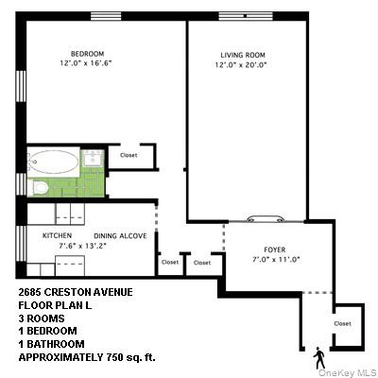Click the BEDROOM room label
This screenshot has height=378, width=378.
[86, 53]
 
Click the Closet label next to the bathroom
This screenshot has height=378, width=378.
[129, 154]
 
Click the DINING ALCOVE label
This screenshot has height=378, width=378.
[119, 235]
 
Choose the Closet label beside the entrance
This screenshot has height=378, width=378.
[341, 323]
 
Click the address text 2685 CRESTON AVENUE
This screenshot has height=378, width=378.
[75, 293]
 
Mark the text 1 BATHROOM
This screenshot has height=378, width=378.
[53, 346]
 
